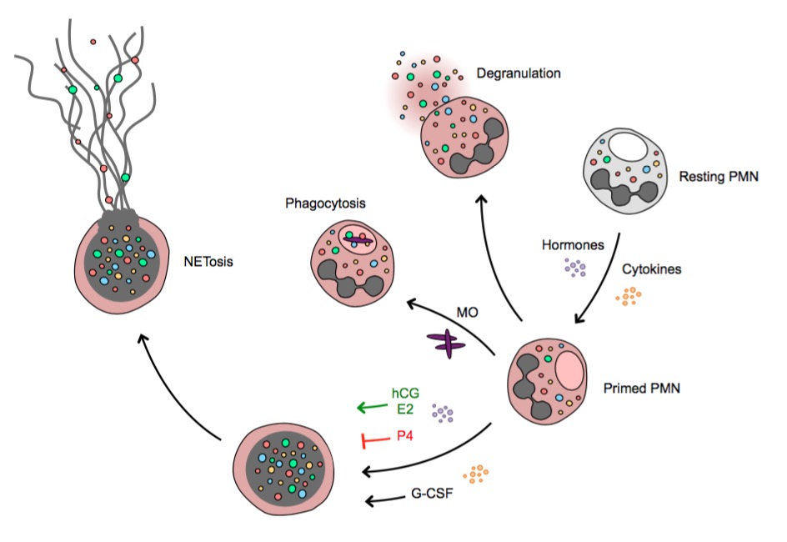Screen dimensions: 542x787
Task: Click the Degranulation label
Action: (518, 73)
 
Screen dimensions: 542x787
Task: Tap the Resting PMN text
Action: (719, 177)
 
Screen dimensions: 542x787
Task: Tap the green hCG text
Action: (404, 393)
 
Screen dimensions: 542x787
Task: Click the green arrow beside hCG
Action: (372, 408)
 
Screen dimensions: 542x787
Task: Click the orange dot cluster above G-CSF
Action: (475, 474)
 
